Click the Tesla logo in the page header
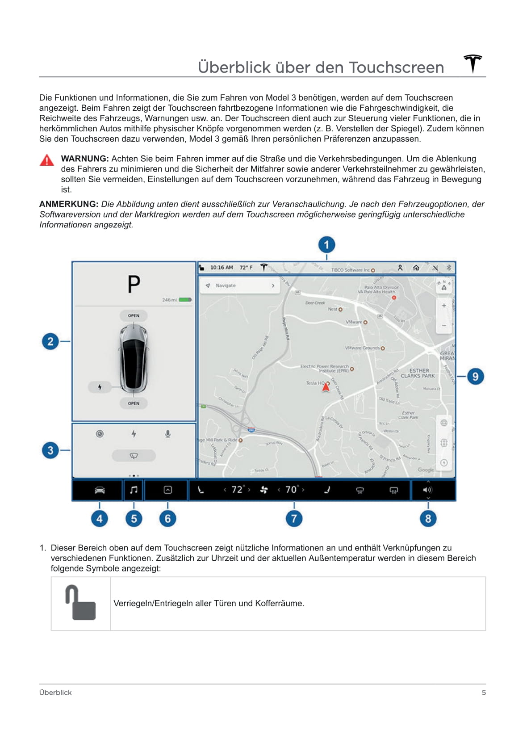[472, 63]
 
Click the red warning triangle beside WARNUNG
[47, 160]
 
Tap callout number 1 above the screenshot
[326, 245]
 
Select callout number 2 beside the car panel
[50, 342]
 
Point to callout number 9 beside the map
[475, 377]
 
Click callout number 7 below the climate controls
[294, 519]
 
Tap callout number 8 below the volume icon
[428, 519]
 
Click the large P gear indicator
[134, 284]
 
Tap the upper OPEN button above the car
[134, 315]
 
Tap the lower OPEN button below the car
[134, 403]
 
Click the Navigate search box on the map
[240, 286]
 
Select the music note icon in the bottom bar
[134, 490]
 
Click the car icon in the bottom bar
[100, 490]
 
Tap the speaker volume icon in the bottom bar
[427, 490]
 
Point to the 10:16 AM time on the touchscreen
[222, 268]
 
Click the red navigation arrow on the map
[326, 387]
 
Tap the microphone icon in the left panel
[167, 434]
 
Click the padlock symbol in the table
[81, 603]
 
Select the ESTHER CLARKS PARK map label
[418, 374]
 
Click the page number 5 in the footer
[484, 693]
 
